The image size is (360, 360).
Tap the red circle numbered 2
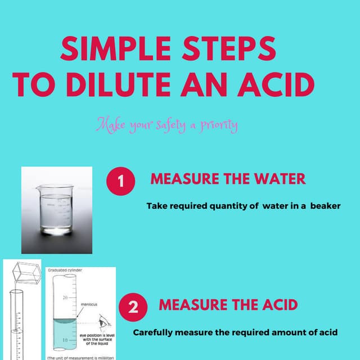133,307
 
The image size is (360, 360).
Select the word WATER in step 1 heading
277,179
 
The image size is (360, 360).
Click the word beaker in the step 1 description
323,206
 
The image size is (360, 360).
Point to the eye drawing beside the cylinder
102,325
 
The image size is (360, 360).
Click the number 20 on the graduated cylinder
65,297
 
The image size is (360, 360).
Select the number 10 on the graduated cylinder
65,340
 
